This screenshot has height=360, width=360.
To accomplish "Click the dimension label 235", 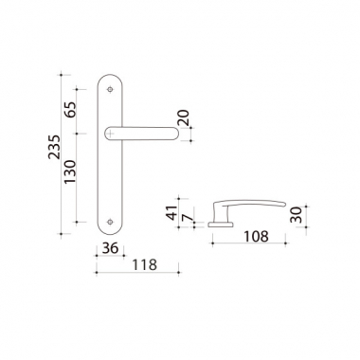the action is pyautogui.click(x=54, y=147).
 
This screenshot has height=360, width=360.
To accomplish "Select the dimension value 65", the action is pyautogui.click(x=70, y=110).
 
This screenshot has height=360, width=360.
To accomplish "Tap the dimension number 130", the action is pyautogui.click(x=70, y=171).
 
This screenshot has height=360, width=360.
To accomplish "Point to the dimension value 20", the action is pyautogui.click(x=183, y=117).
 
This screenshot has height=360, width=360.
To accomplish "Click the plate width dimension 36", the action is pyautogui.click(x=110, y=248).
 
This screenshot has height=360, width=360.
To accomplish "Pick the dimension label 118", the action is pyautogui.click(x=144, y=265).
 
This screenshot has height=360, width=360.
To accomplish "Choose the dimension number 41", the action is pyautogui.click(x=172, y=212).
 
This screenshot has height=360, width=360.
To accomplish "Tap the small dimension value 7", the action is pyautogui.click(x=188, y=217).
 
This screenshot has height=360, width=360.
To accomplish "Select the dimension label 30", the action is pyautogui.click(x=297, y=215).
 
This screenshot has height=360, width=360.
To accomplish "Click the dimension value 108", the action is pyautogui.click(x=256, y=236).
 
